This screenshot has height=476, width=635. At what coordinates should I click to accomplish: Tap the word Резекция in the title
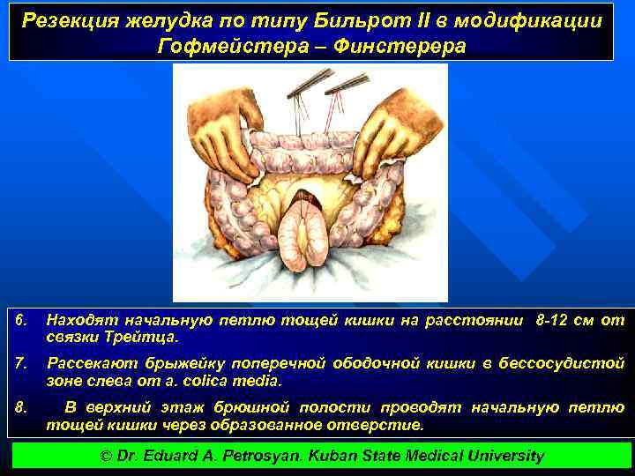point(69,20)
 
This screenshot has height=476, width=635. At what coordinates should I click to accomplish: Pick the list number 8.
point(23,406)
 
